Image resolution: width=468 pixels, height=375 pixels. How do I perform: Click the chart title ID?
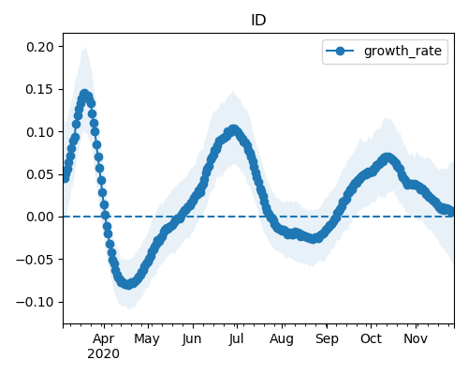pyautogui.click(x=258, y=21)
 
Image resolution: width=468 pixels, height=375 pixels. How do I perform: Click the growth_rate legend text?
pyautogui.click(x=402, y=51)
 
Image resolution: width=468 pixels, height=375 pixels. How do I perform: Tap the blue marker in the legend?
pyautogui.click(x=340, y=51)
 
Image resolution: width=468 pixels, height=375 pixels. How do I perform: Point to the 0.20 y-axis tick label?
pyautogui.click(x=40, y=47)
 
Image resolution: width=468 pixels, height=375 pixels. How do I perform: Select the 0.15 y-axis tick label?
pyautogui.click(x=40, y=89)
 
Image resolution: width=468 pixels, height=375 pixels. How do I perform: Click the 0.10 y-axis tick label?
pyautogui.click(x=40, y=132)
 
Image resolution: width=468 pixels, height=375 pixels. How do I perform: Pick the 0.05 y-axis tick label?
pyautogui.click(x=40, y=174)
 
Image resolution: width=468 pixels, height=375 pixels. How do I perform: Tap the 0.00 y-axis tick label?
pyautogui.click(x=40, y=217)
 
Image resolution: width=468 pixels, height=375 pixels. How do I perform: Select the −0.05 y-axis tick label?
pyautogui.click(x=36, y=260)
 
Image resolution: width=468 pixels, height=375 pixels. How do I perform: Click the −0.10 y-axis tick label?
pyautogui.click(x=36, y=302)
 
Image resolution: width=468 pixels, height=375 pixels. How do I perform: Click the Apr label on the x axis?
pyautogui.click(x=104, y=338)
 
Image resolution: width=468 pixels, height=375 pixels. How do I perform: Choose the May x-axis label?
pyautogui.click(x=147, y=338)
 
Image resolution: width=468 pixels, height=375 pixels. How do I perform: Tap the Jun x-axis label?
pyautogui.click(x=192, y=338)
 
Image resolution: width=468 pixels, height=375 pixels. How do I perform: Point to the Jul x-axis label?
pyautogui.click(x=236, y=338)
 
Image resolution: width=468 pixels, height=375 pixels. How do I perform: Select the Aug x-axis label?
pyautogui.click(x=282, y=338)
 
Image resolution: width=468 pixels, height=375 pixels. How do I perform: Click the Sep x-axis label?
pyautogui.click(x=327, y=338)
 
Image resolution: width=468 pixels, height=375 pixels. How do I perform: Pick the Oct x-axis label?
pyautogui.click(x=371, y=338)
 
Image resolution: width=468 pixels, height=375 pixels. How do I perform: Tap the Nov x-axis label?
pyautogui.click(x=416, y=338)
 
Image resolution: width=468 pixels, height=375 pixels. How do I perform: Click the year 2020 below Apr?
pyautogui.click(x=103, y=353)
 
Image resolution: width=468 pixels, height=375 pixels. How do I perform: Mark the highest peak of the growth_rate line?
pyautogui.click(x=84, y=94)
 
